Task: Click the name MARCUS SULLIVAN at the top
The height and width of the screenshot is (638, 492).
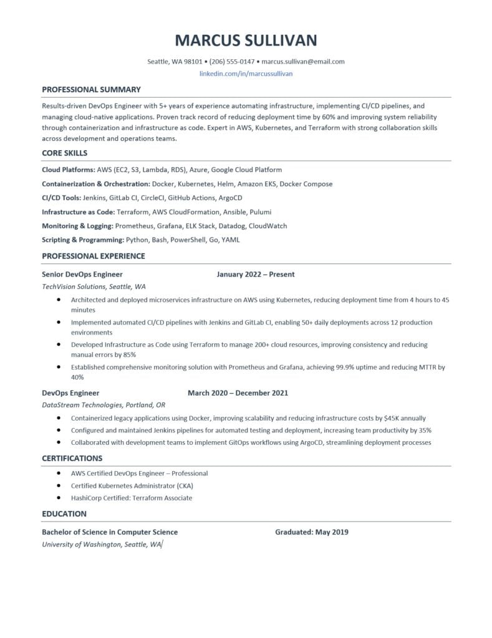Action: [246, 41]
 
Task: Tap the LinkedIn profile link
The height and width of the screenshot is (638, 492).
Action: [246, 74]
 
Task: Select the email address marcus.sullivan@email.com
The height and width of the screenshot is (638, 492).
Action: [303, 62]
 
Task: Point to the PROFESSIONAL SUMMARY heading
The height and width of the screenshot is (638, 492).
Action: [91, 89]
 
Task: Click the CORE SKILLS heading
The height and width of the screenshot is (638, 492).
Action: [64, 153]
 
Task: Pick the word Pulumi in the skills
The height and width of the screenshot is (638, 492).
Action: [259, 212]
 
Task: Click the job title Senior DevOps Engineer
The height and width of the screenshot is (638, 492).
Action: [82, 274]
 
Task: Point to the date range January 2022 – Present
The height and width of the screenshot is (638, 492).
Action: [256, 274]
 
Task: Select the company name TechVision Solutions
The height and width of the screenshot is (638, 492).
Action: [73, 287]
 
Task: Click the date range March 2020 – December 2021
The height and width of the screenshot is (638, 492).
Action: [238, 393]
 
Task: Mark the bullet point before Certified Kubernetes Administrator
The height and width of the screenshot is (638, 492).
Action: [58, 485]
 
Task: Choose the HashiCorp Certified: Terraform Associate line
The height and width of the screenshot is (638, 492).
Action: [131, 498]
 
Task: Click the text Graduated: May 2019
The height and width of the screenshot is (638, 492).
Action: [311, 532]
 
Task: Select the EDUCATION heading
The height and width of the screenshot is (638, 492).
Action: [64, 514]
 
